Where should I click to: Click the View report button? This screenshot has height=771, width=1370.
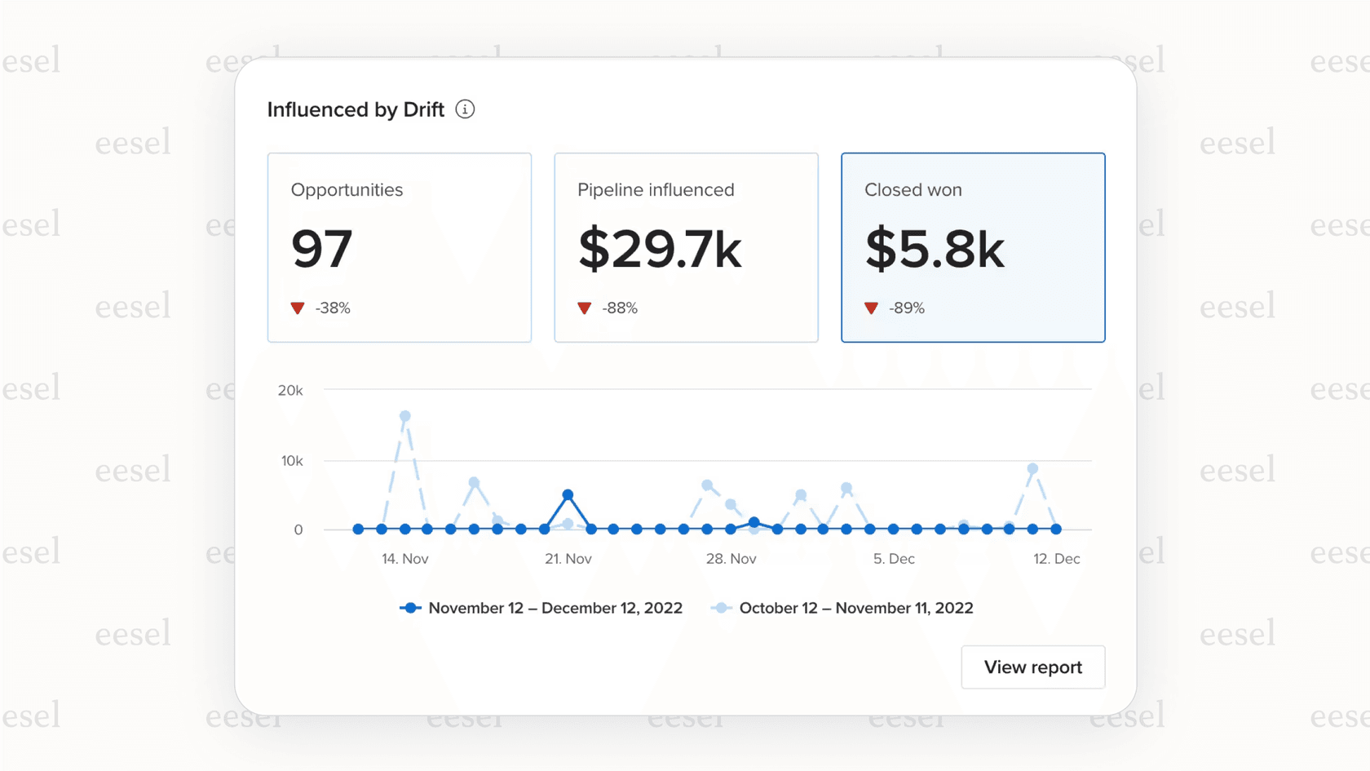[1032, 667]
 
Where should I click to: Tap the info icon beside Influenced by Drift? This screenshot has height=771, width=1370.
[465, 109]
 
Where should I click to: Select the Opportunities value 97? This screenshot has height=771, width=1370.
[321, 249]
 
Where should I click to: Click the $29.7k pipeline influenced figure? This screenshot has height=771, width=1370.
[659, 249]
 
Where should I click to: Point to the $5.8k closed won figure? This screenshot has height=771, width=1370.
[934, 249]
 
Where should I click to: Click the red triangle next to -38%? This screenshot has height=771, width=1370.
[298, 308]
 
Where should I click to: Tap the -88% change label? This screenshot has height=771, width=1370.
[620, 308]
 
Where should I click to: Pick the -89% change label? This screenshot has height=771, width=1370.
[907, 308]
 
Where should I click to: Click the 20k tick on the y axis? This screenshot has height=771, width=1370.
[290, 391]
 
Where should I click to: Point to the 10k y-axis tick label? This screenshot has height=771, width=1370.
[292, 461]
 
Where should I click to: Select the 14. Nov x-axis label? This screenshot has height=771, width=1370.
[404, 559]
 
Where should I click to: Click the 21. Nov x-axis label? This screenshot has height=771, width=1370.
[568, 559]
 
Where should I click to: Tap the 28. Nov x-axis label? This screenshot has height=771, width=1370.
[731, 559]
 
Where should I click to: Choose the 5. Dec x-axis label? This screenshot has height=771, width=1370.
[894, 559]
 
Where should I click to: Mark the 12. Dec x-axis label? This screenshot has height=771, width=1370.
[1056, 559]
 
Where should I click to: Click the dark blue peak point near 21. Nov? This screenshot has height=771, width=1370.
[568, 495]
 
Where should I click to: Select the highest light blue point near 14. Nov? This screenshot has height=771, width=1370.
[405, 416]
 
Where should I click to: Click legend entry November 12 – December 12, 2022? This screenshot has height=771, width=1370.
[555, 608]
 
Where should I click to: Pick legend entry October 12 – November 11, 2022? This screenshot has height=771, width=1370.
[855, 608]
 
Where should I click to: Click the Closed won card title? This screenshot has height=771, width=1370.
[913, 190]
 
